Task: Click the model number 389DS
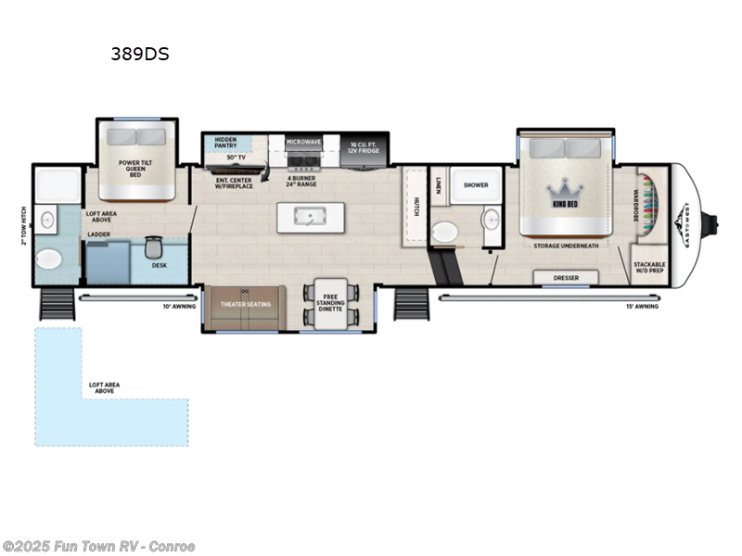click(139, 54)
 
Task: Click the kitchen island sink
click(306, 216)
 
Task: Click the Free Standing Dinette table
click(331, 303)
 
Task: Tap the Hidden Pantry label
click(225, 142)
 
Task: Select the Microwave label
click(303, 142)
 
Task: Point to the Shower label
click(476, 184)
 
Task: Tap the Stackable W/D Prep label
click(649, 267)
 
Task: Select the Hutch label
click(417, 207)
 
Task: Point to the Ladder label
click(99, 234)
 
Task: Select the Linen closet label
click(438, 189)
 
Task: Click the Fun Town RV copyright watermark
click(98, 546)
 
